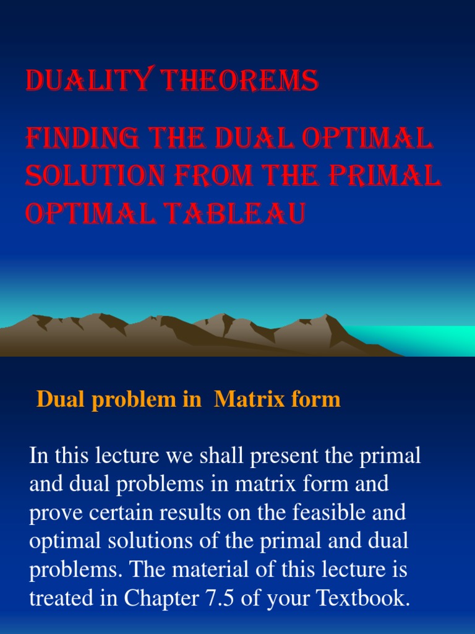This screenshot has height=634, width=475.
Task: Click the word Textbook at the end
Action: click(364, 599)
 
